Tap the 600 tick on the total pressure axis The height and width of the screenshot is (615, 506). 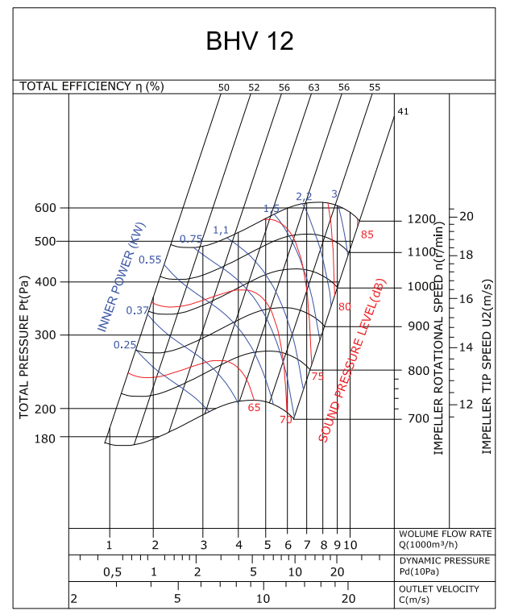45,208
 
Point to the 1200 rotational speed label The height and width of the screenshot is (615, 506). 421,219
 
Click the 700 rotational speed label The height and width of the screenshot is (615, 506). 418,419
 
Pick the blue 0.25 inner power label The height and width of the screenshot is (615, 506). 125,344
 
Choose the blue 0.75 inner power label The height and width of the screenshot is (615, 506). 191,239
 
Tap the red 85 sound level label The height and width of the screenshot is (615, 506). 367,235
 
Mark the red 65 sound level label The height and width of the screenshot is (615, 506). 254,407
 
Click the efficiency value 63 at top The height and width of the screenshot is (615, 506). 314,87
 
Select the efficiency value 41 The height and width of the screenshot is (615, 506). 404,111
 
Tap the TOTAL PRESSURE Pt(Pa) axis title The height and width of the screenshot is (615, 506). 24,347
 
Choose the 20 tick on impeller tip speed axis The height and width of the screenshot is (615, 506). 467,216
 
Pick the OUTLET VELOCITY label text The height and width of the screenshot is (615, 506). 438,589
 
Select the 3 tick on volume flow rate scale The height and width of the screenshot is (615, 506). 203,545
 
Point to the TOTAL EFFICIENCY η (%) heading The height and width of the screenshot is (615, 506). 92,86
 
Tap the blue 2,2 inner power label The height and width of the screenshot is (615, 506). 304,197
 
